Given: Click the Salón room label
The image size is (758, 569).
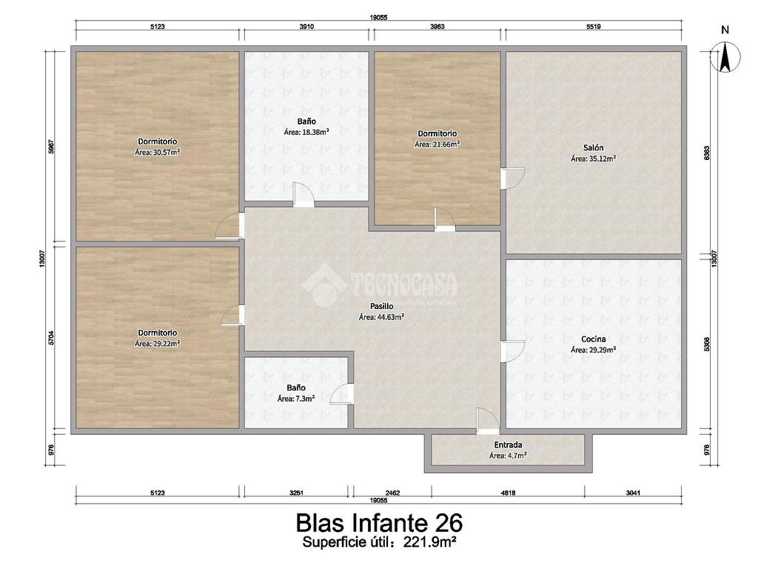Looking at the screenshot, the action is [x=593, y=147].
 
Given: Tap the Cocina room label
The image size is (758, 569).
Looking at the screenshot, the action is [x=593, y=339].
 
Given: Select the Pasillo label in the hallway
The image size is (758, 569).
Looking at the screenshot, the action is [x=381, y=306].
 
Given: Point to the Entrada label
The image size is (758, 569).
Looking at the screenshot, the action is [x=508, y=445].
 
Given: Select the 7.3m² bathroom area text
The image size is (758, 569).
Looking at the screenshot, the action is [x=304, y=399].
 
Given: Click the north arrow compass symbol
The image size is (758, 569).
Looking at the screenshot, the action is [x=725, y=56].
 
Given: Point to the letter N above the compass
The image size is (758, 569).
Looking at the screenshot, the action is [x=725, y=30].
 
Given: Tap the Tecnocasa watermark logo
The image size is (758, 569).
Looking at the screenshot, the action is [x=380, y=285].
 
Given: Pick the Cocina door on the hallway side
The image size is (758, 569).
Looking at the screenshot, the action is [x=512, y=351].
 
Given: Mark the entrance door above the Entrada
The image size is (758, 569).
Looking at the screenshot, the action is [x=488, y=421].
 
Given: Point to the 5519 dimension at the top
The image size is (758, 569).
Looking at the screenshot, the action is [x=593, y=27].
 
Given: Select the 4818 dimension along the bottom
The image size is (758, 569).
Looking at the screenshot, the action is [x=508, y=493].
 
